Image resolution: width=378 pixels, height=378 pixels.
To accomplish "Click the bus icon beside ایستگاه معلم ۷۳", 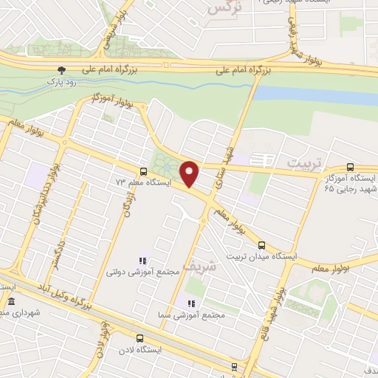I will tap(142, 171).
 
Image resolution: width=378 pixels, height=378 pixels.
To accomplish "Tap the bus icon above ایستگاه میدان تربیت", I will tap(261, 244).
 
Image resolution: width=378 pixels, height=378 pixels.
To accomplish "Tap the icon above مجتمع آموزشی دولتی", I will tap(142, 261).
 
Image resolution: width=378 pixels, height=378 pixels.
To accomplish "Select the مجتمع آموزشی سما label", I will tap(193, 315).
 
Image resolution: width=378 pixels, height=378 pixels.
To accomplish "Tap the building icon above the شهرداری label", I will tap(11, 303).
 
